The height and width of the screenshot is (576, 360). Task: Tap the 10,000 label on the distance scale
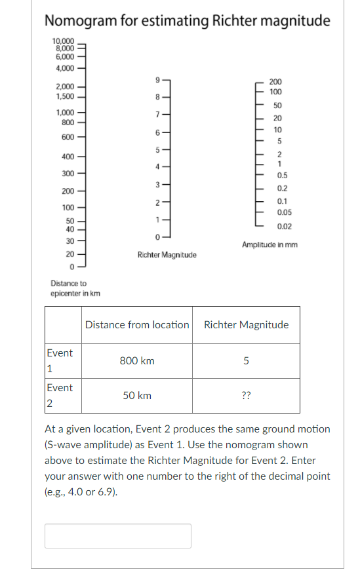click(x=64, y=41)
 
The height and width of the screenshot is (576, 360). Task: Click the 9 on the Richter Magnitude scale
click(x=157, y=80)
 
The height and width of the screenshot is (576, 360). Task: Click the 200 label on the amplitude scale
click(x=276, y=81)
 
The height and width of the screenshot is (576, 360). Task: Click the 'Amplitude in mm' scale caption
click(x=270, y=245)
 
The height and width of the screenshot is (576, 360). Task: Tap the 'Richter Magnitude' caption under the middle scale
click(x=167, y=254)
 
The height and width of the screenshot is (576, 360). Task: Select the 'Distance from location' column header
click(x=137, y=324)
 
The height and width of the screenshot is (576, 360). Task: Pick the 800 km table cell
click(x=137, y=361)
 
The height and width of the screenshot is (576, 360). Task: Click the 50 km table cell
click(x=137, y=396)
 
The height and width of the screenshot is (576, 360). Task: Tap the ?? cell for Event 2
click(x=246, y=396)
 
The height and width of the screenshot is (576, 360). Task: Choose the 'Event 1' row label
click(x=60, y=360)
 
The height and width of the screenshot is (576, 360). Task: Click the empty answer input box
click(x=118, y=535)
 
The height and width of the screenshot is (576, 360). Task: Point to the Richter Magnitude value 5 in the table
click(x=246, y=361)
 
